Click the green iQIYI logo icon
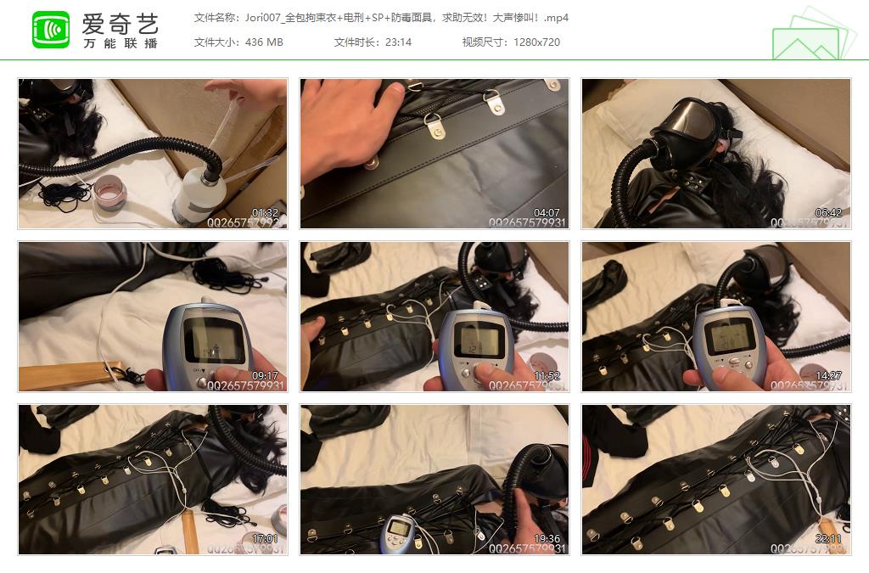pos(51,30)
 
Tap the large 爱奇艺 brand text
pos(121,23)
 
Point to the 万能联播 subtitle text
pos(121,43)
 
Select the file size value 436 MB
pos(263,42)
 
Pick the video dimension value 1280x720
pos(536,42)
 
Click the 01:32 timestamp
pos(265,213)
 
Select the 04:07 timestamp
pos(546,213)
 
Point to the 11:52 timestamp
pos(546,376)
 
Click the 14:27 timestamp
pos(827,376)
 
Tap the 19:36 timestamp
pos(546,538)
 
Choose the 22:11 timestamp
pos(827,538)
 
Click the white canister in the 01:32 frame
pos(200,191)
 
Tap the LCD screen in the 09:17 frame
pos(207,343)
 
